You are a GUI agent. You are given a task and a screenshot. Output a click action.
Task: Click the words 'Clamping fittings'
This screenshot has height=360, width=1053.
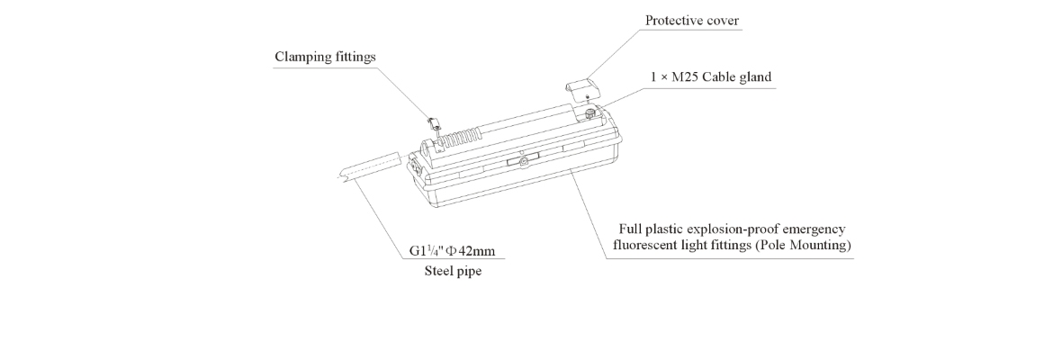325,57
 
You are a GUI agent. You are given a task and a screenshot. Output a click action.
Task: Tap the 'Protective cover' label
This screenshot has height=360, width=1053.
687,20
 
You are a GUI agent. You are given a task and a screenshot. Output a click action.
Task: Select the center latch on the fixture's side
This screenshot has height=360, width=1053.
521,162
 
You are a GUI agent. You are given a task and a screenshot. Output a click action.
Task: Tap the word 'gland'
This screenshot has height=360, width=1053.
755,77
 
